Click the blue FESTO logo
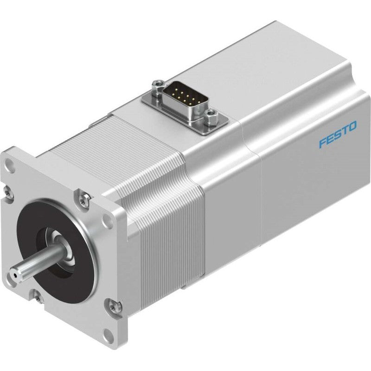tap(338, 134)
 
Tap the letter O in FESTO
tap(353, 126)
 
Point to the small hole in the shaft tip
tap(15, 275)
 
